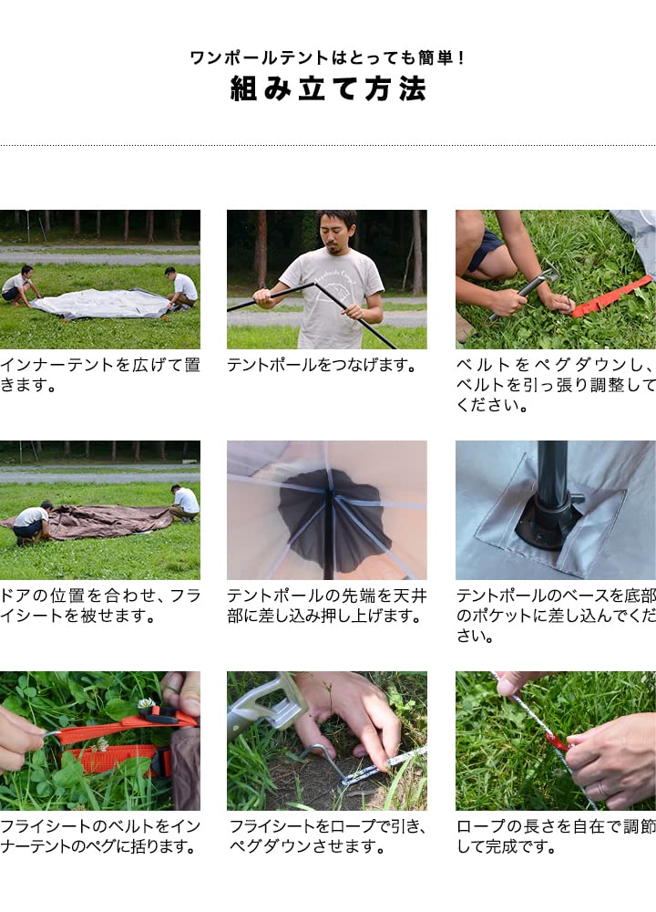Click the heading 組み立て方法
328,89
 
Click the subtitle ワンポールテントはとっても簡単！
328,57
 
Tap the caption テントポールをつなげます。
322,366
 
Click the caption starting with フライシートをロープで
326,836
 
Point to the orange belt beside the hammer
612,296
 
